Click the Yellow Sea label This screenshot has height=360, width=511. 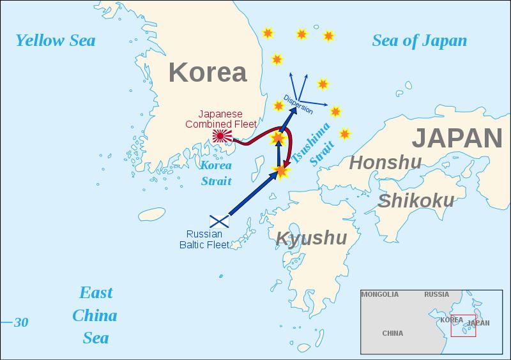click(56, 41)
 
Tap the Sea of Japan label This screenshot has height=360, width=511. click(420, 41)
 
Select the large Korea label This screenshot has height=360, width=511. click(208, 73)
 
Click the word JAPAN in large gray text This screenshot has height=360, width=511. click(456, 138)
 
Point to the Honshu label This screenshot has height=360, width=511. click(386, 163)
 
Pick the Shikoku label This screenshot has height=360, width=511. click(416, 200)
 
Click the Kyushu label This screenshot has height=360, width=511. click(311, 238)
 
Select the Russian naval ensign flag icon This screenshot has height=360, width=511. click(220, 220)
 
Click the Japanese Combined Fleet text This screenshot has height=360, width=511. click(221, 118)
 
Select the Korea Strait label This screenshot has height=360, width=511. click(217, 172)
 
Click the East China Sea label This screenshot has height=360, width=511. click(96, 315)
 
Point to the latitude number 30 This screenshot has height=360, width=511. click(21, 322)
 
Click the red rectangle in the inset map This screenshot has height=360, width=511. click(463, 326)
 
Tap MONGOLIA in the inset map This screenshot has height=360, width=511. click(379, 295)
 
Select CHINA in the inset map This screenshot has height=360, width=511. click(392, 333)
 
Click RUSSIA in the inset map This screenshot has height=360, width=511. click(437, 295)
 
